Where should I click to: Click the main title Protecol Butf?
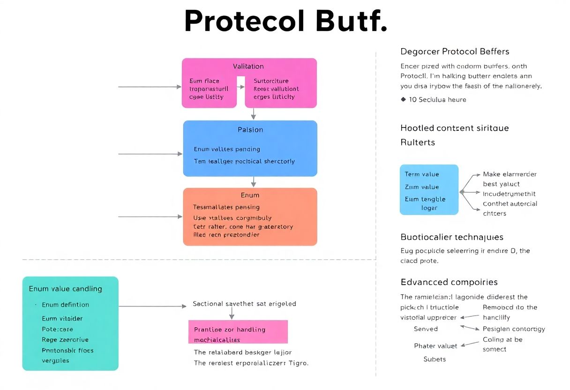pyautogui.click(x=285, y=22)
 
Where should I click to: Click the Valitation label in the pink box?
pyautogui.click(x=248, y=67)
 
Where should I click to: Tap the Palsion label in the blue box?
pyautogui.click(x=250, y=129)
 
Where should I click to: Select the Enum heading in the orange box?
pyautogui.click(x=250, y=195)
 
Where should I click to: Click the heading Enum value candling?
pyautogui.click(x=65, y=289)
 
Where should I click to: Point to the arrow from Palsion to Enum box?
pyautogui.click(x=253, y=182)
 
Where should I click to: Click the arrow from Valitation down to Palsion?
pyautogui.click(x=253, y=114)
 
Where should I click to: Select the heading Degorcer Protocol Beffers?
pyautogui.click(x=455, y=52)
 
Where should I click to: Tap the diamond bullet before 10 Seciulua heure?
pyautogui.click(x=403, y=99)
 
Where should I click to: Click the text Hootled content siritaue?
pyautogui.click(x=454, y=128)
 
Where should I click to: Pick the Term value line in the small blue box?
pyautogui.click(x=422, y=174)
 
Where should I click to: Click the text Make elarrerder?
pyautogui.click(x=510, y=174)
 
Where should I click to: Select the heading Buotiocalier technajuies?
pyautogui.click(x=452, y=237)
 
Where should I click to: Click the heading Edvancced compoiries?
pyautogui.click(x=449, y=282)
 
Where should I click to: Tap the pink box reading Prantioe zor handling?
pyautogui.click(x=238, y=332)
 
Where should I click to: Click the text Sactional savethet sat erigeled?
pyautogui.click(x=244, y=304)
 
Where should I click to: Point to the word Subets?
pyautogui.click(x=435, y=360)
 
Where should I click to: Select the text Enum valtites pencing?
pyautogui.click(x=227, y=149)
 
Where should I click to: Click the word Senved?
pyautogui.click(x=426, y=329)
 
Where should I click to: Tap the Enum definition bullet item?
pyautogui.click(x=65, y=305)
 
